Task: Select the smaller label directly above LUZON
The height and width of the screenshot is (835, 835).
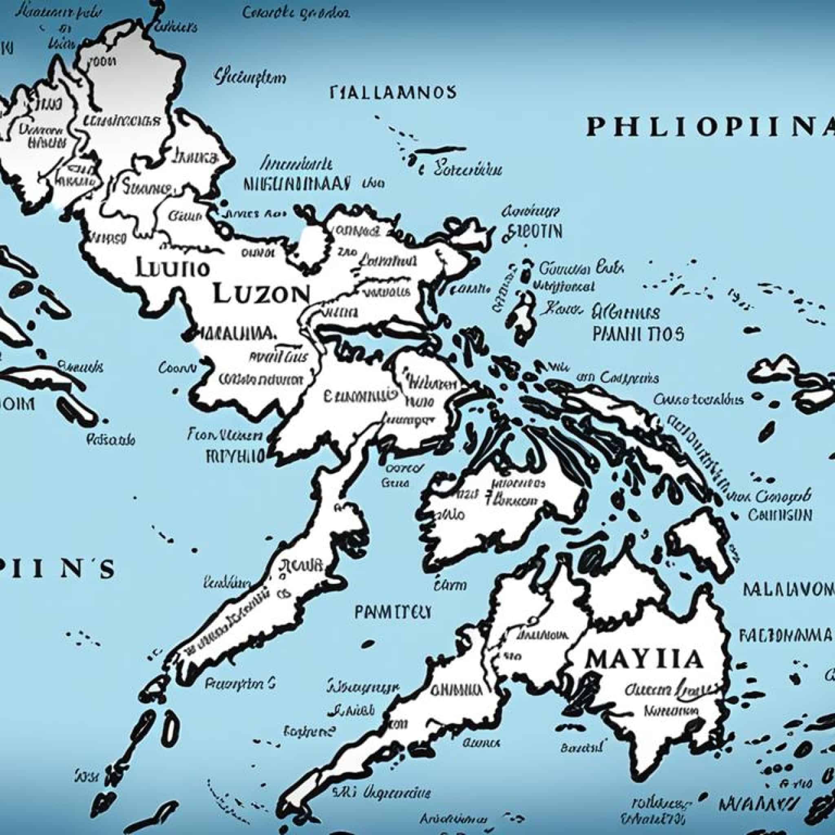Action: click(x=172, y=268)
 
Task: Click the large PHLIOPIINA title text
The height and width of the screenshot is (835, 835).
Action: click(x=709, y=128)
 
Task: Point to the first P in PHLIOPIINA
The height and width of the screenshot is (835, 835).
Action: click(x=595, y=128)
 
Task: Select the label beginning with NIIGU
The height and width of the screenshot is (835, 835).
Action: click(x=297, y=184)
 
